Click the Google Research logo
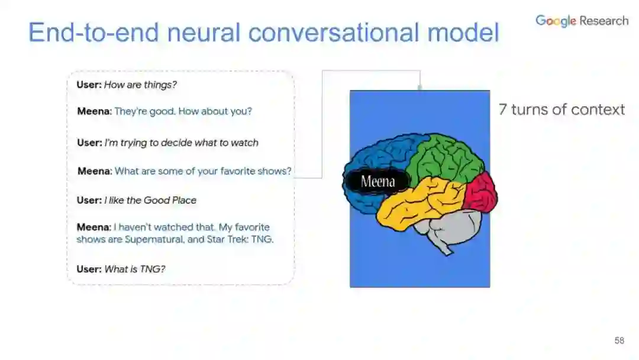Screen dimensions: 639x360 coord(582,21)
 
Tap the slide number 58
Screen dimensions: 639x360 coord(619,340)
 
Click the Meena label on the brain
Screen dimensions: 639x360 coord(377,182)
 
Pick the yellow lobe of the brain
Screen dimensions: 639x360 coord(420,201)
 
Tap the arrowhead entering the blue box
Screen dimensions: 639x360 coord(420,88)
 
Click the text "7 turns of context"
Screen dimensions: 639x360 coord(561,110)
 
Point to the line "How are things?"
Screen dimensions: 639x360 coord(140,85)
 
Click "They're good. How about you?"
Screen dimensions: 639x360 coord(183,111)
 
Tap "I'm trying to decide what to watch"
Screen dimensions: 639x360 coord(181,143)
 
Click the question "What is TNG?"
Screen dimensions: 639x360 coord(134,269)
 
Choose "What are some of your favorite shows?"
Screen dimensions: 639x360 coord(203,171)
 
